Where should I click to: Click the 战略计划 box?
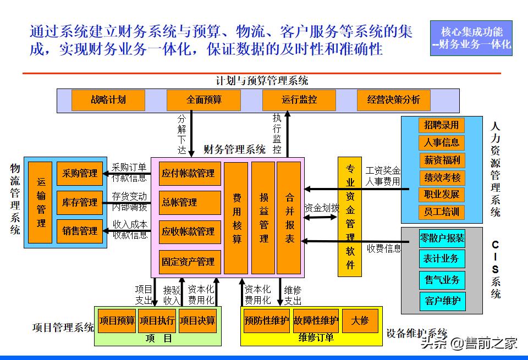[108, 100]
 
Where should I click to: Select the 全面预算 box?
[204, 100]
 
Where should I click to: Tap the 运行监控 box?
[299, 100]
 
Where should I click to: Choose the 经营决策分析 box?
[393, 100]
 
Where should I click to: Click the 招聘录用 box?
[441, 125]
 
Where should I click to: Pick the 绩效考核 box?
[441, 178]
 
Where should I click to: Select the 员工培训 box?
[441, 212]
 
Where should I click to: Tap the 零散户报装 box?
[442, 239]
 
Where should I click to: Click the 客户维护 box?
[442, 301]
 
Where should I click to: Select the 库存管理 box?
[80, 203]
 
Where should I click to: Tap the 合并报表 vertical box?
[289, 218]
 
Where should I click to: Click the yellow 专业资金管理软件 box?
[350, 217]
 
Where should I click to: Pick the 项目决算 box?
[197, 320]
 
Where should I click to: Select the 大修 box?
[360, 320]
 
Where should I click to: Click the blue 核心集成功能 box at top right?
[471, 38]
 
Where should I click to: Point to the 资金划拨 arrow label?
[321, 208]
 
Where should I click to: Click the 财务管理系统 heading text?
[234, 149]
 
